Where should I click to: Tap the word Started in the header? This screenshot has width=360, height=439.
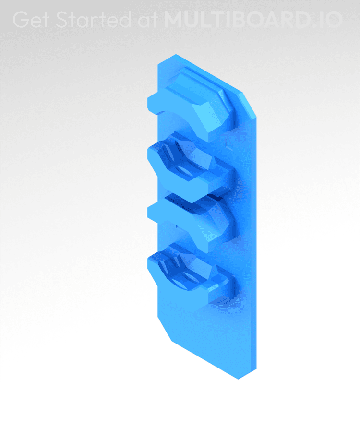point(93,20)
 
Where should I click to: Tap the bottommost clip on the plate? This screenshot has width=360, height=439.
point(190,273)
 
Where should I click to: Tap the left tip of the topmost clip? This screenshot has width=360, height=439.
point(150,104)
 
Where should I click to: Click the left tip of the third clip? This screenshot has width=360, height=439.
point(150,211)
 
